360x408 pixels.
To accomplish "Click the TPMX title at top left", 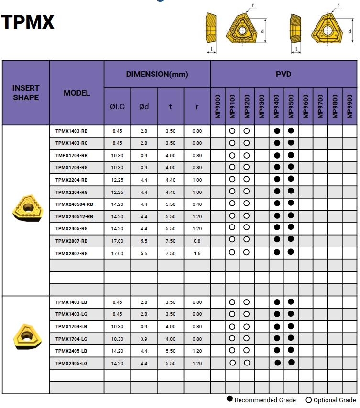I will point(28,22).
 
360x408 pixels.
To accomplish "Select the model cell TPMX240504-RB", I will point(74,204).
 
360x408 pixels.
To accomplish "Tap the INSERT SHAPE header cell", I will point(26,93).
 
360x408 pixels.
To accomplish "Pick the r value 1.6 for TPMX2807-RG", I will point(197,253).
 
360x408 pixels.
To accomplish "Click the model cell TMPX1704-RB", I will point(71,155).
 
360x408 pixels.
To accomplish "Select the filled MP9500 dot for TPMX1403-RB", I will point(291,130).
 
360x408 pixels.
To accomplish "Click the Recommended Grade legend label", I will point(265,400).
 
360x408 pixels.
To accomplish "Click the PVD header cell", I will point(283,74).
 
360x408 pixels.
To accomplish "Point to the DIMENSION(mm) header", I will point(157,74).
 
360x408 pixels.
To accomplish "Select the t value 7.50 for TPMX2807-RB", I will point(170,241).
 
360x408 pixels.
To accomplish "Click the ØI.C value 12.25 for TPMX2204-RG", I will point(117,192).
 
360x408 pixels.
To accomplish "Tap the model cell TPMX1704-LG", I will point(71,339).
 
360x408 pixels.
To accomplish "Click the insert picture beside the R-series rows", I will point(26,208).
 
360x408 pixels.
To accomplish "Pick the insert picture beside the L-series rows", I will point(26,335).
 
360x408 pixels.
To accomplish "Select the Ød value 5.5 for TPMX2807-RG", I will point(144,253).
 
